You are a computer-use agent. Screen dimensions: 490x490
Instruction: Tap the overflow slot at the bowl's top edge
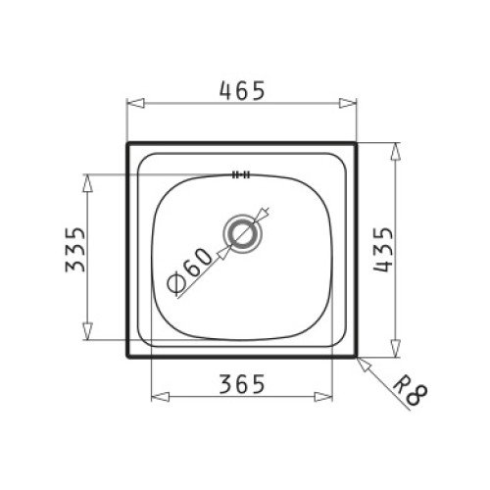point(240,176)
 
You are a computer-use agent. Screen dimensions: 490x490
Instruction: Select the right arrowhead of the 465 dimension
point(353,102)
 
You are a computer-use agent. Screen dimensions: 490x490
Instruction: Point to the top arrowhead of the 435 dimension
point(396,148)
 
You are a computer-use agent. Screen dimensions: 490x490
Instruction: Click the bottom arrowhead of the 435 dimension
point(396,354)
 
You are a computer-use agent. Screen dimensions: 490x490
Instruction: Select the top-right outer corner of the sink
point(359,143)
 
